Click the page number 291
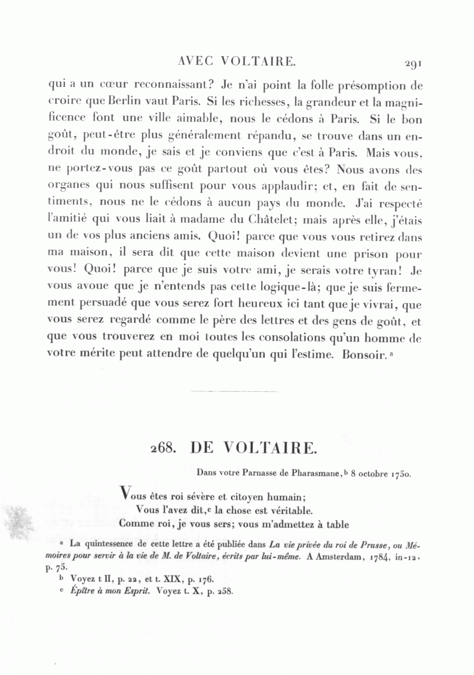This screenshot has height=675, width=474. pyautogui.click(x=413, y=64)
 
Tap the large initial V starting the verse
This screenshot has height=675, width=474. pyautogui.click(x=125, y=493)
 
